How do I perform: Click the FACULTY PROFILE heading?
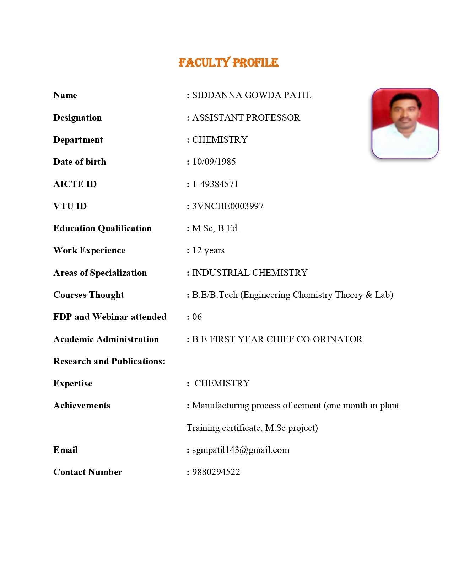click(x=228, y=63)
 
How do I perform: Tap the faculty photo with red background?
click(x=405, y=123)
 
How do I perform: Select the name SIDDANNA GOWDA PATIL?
click(x=252, y=95)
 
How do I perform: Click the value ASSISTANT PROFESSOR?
click(x=246, y=117)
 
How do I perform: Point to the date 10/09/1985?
click(x=214, y=162)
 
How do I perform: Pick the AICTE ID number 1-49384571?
click(x=215, y=184)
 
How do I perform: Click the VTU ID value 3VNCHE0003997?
click(x=228, y=206)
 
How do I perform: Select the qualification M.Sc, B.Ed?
click(x=216, y=228)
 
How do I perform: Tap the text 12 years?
click(x=208, y=250)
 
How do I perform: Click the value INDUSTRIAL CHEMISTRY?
click(x=250, y=273)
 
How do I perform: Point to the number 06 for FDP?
click(x=197, y=317)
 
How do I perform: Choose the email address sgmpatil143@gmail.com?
click(x=241, y=450)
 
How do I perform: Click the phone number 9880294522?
click(x=216, y=472)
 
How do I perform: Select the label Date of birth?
click(x=80, y=162)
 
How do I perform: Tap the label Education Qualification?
click(x=102, y=228)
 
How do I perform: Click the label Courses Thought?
click(x=88, y=295)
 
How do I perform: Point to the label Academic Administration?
click(x=106, y=339)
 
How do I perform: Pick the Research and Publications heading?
click(x=109, y=361)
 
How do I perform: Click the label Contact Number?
click(x=87, y=472)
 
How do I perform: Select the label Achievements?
click(x=82, y=406)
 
